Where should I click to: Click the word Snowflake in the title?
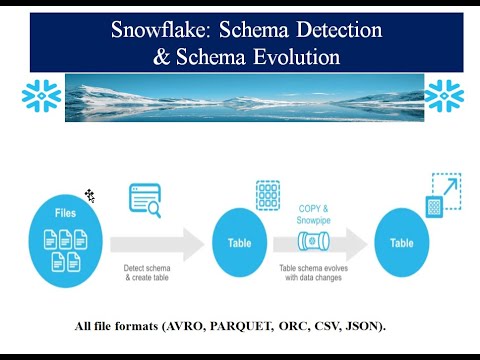tap(156, 30)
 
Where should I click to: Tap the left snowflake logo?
tap(41, 96)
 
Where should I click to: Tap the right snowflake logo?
tap(443, 96)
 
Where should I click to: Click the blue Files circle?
tap(64, 241)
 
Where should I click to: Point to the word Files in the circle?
tap(64, 213)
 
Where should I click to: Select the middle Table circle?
tap(241, 241)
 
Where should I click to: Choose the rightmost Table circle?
tap(402, 241)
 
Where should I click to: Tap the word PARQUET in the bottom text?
tap(237, 326)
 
